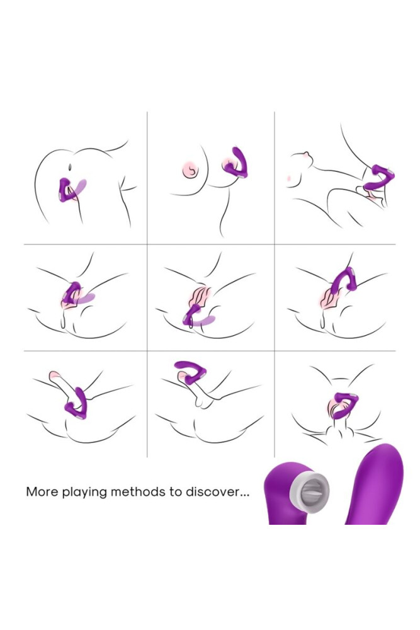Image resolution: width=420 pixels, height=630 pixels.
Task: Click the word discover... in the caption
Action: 217,492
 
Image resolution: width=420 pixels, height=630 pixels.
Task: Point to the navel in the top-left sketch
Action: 69,166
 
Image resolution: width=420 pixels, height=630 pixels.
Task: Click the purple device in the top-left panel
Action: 64,190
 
